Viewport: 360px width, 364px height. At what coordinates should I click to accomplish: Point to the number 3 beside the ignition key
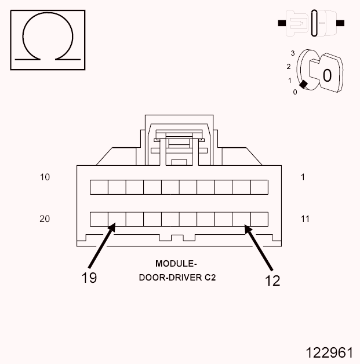(x=293, y=53)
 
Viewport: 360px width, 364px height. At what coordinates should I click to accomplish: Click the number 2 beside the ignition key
(x=288, y=67)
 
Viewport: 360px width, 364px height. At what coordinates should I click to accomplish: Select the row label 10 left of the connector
(x=45, y=177)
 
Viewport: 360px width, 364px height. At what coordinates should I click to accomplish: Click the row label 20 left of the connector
(x=45, y=219)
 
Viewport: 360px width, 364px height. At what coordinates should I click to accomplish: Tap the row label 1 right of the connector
(x=303, y=177)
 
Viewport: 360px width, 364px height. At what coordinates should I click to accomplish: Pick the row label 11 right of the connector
(x=305, y=219)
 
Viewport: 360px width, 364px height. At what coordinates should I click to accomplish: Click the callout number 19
(x=89, y=278)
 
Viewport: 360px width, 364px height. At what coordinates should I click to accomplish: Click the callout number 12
(x=272, y=281)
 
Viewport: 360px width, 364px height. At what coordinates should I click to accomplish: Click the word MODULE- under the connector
(x=176, y=264)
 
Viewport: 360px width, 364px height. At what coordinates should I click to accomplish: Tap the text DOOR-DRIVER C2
(x=177, y=278)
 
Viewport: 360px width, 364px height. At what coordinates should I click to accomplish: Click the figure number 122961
(x=329, y=352)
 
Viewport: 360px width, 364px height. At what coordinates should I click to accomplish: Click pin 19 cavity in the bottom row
(x=117, y=219)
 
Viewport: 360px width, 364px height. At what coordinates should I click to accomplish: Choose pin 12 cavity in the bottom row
(x=241, y=219)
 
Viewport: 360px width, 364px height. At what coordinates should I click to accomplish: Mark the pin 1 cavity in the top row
(x=259, y=187)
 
